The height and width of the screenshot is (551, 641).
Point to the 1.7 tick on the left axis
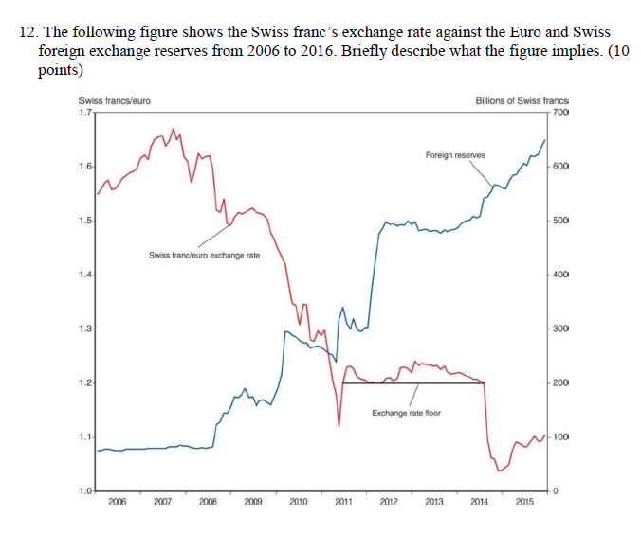85,112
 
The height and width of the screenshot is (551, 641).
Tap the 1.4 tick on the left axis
85,275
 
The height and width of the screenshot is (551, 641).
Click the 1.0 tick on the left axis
85,490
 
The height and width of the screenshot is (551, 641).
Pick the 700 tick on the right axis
560,112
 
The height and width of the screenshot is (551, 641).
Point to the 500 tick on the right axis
560,221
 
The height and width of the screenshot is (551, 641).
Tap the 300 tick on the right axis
560,329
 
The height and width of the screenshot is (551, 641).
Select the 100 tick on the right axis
560,437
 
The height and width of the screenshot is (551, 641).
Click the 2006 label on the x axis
118,500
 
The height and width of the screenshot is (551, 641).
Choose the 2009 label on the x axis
252,500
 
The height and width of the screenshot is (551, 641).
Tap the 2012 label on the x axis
388,500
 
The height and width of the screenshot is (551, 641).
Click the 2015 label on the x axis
523,500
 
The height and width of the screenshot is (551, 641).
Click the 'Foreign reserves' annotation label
455,154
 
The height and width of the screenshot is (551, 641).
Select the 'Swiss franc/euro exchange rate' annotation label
205,256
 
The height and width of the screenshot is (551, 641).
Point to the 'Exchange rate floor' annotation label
406,413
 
